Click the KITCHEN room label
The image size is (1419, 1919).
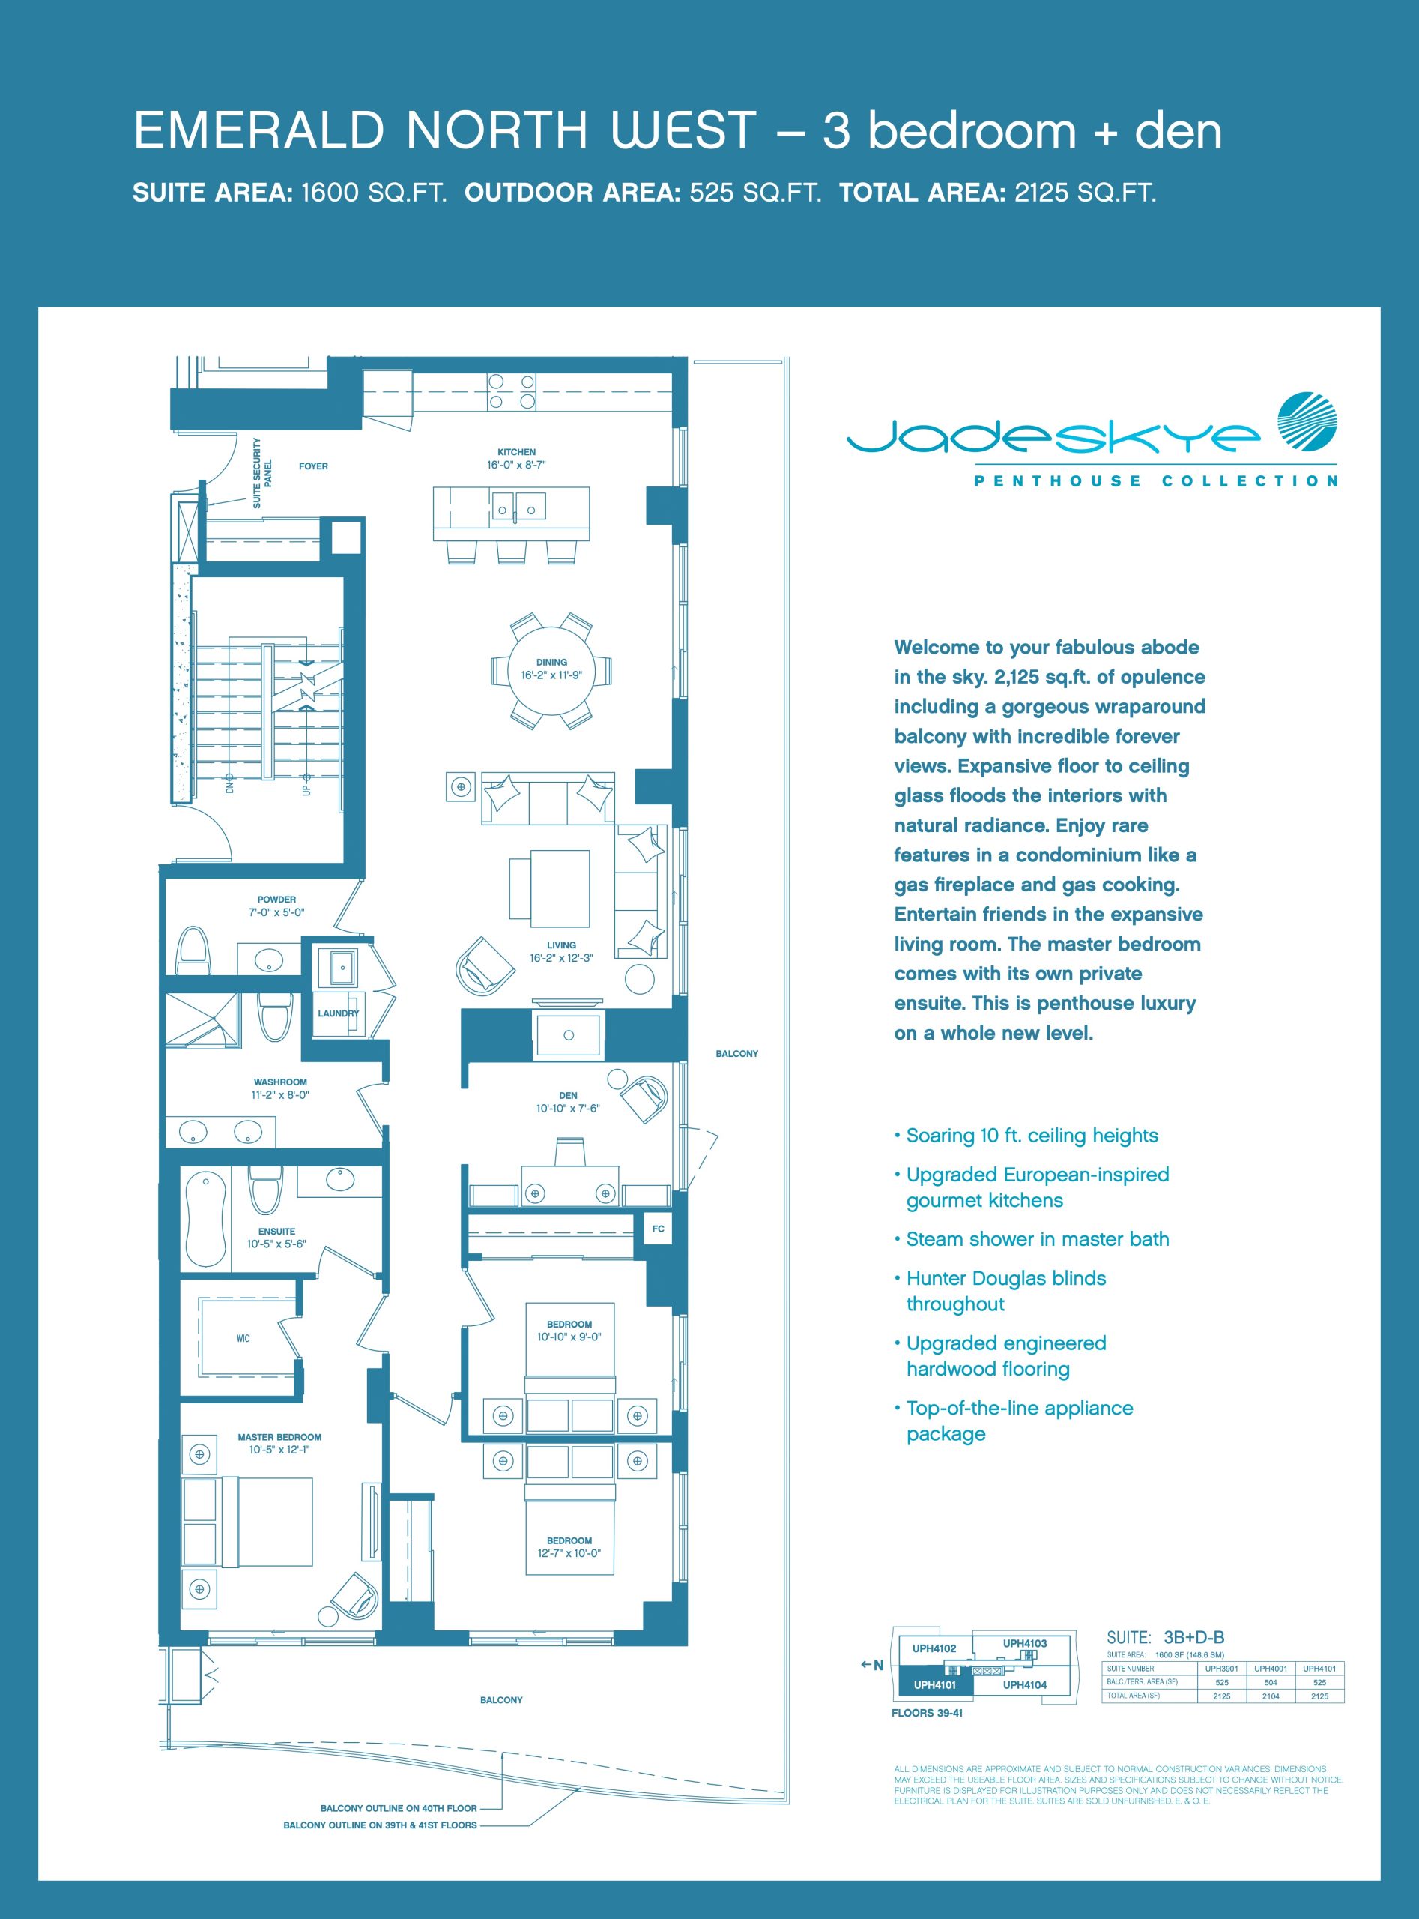[516, 451]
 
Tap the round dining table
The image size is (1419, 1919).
[551, 670]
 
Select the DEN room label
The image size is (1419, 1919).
[568, 1096]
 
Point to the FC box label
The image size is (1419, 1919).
[658, 1229]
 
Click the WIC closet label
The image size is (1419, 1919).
[243, 1338]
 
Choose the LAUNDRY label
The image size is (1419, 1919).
[339, 1013]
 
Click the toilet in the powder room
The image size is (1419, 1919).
[193, 951]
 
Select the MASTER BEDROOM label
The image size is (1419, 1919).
[280, 1437]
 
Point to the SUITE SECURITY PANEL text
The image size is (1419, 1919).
[262, 473]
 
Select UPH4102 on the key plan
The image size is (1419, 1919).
[934, 1648]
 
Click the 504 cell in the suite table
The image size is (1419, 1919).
[1271, 1683]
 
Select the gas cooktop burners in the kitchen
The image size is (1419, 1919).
[512, 391]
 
